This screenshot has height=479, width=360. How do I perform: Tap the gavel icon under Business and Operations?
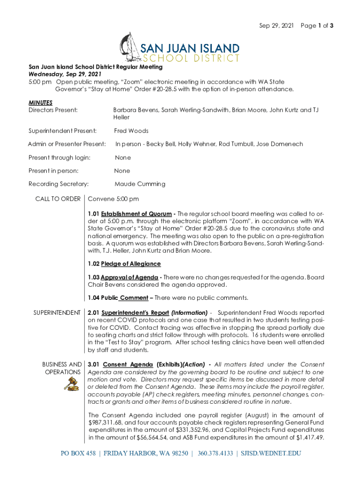[72, 385]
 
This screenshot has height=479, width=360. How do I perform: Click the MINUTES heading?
[40, 102]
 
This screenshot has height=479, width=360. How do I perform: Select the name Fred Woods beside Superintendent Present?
[131, 131]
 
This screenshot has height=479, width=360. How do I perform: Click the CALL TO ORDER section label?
[58, 199]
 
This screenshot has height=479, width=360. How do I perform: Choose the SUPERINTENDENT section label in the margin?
[57, 312]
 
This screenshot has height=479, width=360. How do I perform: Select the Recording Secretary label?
[59, 184]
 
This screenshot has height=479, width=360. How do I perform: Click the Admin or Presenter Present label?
[67, 144]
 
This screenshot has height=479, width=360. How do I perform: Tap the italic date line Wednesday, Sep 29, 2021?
[65, 74]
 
